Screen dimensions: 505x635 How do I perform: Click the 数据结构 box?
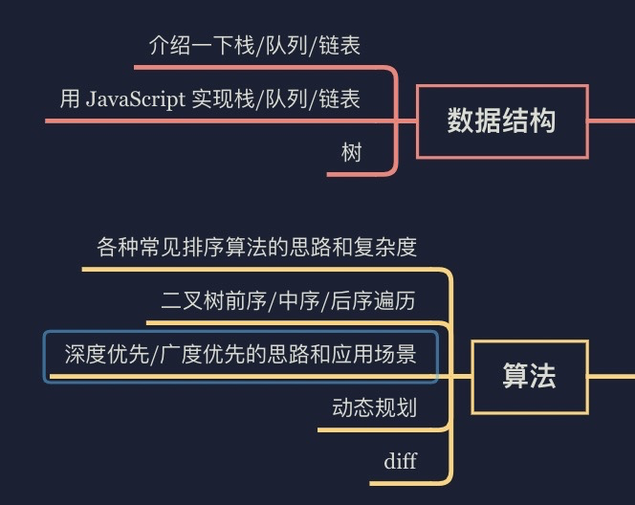pos(502,121)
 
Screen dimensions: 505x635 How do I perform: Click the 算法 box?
pos(529,376)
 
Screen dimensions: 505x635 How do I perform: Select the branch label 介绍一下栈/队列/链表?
pos(254,45)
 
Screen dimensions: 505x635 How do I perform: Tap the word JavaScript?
pos(135,99)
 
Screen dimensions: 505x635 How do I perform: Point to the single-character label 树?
pos(352,152)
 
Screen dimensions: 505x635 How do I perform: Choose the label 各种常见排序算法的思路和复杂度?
pos(257,247)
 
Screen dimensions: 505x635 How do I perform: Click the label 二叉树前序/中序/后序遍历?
pos(288,301)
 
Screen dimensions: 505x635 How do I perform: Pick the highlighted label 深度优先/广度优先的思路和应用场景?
pos(240,356)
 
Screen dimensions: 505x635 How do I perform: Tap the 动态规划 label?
pos(374,408)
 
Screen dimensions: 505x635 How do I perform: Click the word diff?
pos(400,462)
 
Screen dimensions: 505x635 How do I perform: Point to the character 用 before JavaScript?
pos(70,99)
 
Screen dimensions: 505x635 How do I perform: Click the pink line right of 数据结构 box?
pos(612,121)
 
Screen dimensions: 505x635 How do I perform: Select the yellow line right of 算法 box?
pos(612,376)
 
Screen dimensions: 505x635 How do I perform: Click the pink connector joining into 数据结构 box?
pos(406,121)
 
